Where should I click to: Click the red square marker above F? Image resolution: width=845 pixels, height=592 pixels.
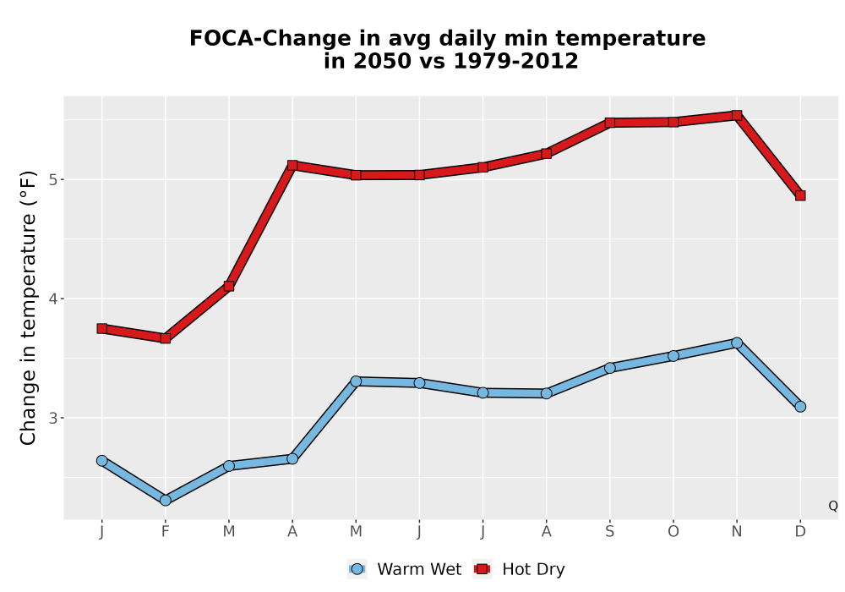[x=166, y=338]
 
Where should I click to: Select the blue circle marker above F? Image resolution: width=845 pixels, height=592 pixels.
[x=166, y=501]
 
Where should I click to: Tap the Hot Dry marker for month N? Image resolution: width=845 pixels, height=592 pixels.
[x=737, y=115]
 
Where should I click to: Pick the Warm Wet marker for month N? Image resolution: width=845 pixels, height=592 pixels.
[x=737, y=343]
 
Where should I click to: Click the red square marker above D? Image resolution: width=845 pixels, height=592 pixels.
[x=800, y=195]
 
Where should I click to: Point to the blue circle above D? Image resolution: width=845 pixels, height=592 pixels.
[x=800, y=407]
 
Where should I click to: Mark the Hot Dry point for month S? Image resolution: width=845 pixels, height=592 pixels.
[x=609, y=123]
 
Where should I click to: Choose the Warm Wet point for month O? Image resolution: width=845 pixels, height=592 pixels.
[x=673, y=356]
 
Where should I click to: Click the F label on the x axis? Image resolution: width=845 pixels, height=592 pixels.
[x=166, y=532]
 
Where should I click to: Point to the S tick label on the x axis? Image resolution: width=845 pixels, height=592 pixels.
[x=609, y=532]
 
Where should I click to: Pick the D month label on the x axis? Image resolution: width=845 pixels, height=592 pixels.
[x=800, y=532]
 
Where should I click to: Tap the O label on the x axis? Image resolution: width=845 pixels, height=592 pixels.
[x=673, y=532]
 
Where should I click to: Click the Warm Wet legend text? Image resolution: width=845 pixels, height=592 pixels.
[x=419, y=569]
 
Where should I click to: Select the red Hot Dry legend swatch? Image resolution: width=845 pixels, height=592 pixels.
[x=482, y=569]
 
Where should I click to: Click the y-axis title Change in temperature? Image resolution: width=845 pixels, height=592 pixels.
[x=28, y=308]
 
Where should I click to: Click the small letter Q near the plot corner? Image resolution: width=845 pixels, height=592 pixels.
[x=833, y=506]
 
